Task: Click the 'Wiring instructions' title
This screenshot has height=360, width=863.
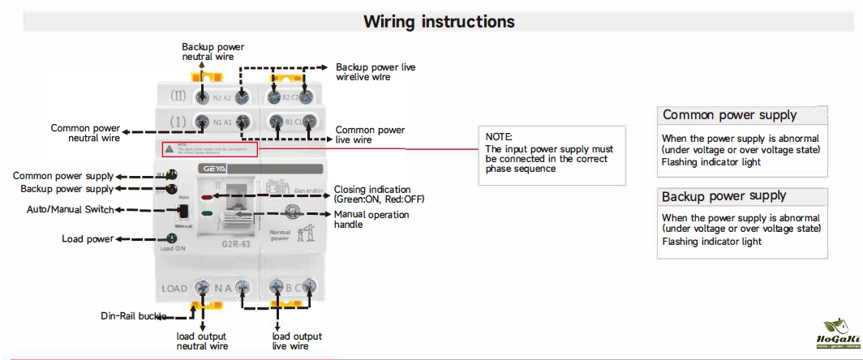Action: tap(438, 21)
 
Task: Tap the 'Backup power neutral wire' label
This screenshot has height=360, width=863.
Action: tap(213, 52)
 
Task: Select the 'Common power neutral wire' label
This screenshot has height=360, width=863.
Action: tap(85, 133)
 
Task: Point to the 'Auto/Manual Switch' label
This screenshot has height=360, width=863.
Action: tap(70, 210)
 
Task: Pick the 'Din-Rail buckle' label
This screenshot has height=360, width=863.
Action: tap(135, 315)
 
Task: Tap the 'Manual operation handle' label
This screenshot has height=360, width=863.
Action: tap(371, 219)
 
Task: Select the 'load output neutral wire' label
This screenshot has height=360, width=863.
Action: tap(202, 341)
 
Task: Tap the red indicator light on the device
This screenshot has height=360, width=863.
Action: tap(207, 197)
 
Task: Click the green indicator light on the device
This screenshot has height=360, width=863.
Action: tap(207, 214)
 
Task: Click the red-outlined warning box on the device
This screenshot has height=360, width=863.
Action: tap(208, 149)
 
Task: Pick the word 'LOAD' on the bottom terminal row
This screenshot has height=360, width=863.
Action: tap(174, 289)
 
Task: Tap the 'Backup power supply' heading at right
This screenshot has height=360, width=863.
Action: tap(723, 196)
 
